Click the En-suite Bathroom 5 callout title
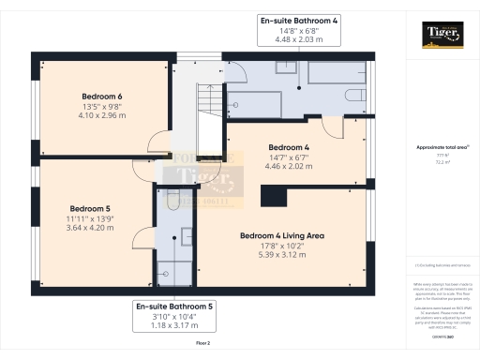coord(175,307)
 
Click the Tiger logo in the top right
coord(440,37)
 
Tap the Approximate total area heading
coord(438,147)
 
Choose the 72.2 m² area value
coord(438,162)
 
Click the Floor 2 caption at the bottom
coord(202,344)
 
